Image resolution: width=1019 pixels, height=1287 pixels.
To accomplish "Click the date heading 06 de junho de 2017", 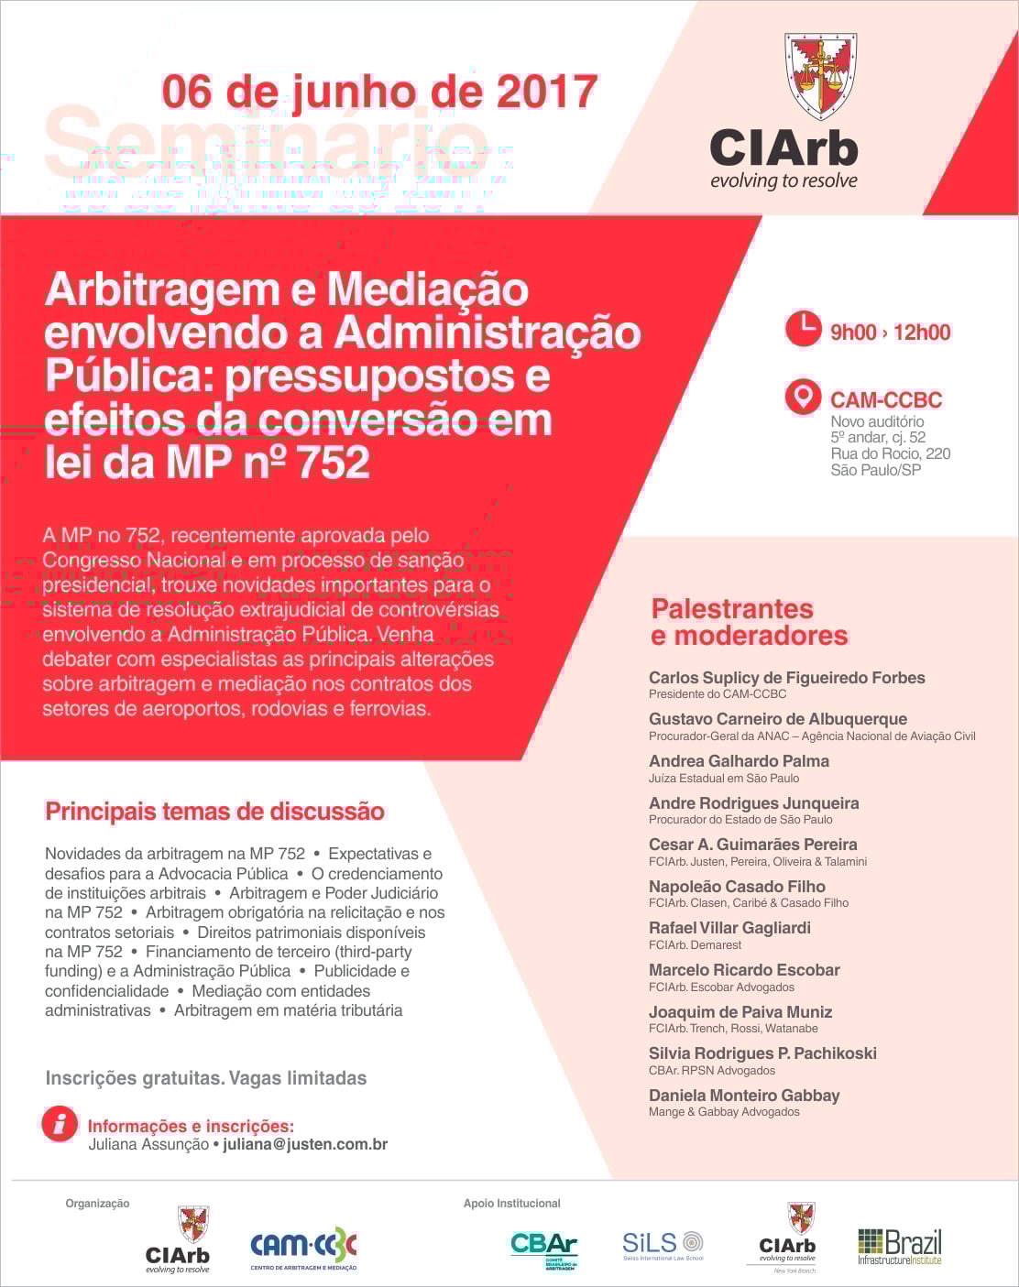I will (x=379, y=92).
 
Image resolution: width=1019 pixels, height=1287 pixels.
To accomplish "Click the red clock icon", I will (x=803, y=330).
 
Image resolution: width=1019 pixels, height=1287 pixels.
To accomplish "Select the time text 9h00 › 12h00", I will (x=890, y=333).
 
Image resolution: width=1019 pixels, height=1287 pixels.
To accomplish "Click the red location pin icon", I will (x=803, y=398).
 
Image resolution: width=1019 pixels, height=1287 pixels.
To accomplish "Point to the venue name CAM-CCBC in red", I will (x=885, y=400).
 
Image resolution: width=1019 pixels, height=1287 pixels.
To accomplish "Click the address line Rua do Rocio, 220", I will (x=890, y=453).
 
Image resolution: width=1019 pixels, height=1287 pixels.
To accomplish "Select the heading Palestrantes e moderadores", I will (x=750, y=622).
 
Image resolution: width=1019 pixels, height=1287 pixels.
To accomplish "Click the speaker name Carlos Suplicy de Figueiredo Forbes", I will (x=786, y=678).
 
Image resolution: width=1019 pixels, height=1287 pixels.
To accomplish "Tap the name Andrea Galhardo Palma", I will (x=739, y=761).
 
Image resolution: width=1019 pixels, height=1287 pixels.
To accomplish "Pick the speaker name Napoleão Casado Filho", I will (x=737, y=887).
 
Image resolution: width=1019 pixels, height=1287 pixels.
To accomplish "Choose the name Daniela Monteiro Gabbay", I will (x=744, y=1096).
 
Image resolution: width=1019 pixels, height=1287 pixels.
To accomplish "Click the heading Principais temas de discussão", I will (x=214, y=812).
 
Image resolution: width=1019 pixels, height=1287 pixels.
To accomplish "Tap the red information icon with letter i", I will (x=60, y=1124).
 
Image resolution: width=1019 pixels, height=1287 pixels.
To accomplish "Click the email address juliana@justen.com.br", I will (x=305, y=1144).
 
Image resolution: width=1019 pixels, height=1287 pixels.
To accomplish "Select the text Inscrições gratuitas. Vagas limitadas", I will (x=206, y=1078).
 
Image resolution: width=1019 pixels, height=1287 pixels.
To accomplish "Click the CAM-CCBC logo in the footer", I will (x=303, y=1248).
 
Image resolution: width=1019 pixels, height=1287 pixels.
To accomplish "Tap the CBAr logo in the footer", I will (x=543, y=1248).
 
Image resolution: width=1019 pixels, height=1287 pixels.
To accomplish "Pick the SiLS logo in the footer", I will (x=663, y=1245).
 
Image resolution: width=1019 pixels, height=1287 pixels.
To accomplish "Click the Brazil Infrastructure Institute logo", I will (x=899, y=1247).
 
